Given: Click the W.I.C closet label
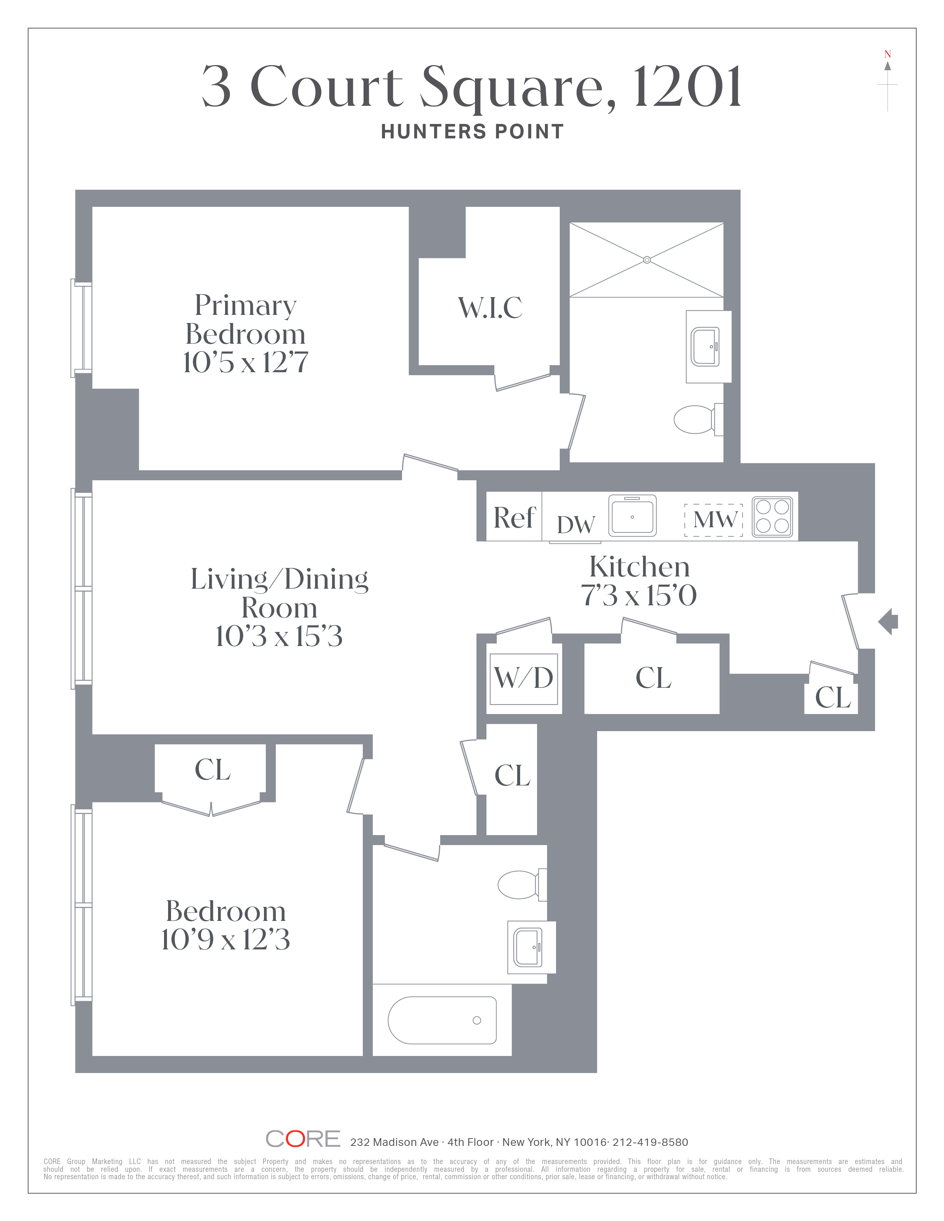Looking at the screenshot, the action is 491,308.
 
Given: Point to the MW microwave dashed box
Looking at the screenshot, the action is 714,520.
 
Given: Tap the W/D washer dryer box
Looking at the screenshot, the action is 524,679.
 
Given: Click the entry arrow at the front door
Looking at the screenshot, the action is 888,622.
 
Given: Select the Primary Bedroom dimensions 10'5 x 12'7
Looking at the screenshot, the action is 245,362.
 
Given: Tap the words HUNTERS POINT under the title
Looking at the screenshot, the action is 473,132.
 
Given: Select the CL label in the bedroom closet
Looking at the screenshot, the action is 212,770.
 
